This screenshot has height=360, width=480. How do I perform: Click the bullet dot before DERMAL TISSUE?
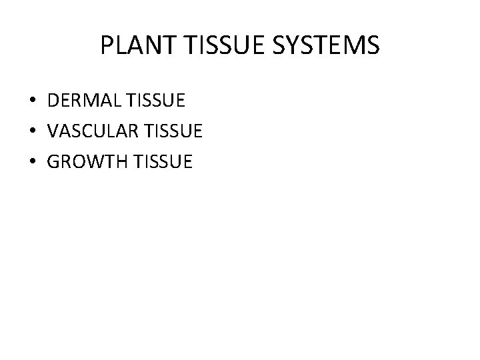[33, 102]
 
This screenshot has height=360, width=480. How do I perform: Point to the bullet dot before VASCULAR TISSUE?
[33, 131]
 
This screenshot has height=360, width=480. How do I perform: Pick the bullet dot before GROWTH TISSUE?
[33, 161]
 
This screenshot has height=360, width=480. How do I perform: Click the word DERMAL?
[79, 102]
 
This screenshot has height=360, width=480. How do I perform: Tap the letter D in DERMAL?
[53, 102]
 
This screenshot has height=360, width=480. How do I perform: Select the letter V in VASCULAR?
[53, 131]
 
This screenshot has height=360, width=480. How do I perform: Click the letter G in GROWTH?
[54, 161]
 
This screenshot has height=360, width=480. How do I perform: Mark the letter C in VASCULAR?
[83, 131]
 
